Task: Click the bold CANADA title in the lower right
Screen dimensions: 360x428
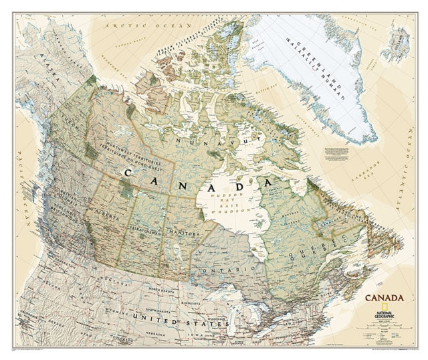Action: click(x=383, y=296)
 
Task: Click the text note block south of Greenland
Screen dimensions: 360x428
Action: click(x=338, y=152)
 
